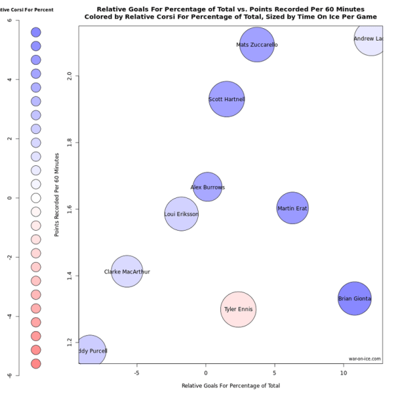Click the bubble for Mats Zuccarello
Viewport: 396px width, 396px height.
257,45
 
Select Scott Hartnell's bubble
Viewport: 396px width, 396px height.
226,99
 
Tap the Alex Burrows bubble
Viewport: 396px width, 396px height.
207,187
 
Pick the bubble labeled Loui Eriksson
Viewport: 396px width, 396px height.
181,214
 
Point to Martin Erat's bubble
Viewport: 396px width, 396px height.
292,208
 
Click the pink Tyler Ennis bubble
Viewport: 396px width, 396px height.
238,309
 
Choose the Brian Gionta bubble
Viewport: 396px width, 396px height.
355,298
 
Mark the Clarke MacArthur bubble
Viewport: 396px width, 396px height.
127,271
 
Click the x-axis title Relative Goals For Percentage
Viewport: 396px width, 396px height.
230,386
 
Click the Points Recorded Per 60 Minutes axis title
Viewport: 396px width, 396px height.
57,195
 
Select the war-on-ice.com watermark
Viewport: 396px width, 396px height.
365,359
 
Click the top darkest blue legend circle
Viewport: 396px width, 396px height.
36,32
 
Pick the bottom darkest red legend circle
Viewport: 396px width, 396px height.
36,363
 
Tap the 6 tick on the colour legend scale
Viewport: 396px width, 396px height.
9,20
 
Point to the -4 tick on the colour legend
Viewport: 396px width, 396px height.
9,316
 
